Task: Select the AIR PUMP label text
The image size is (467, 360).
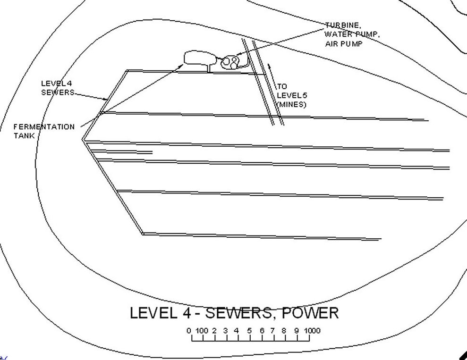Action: click(x=344, y=44)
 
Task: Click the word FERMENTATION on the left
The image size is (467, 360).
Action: click(x=44, y=127)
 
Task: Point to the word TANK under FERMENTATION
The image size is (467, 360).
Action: click(x=24, y=136)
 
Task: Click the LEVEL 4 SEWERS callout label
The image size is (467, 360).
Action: click(x=58, y=88)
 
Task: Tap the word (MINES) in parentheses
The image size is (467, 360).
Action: click(x=291, y=105)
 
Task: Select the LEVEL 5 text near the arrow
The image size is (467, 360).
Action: click(x=292, y=95)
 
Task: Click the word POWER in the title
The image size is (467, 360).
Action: click(x=310, y=313)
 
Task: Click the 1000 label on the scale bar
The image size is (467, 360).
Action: click(x=312, y=331)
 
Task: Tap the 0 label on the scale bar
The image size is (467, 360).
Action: click(x=189, y=331)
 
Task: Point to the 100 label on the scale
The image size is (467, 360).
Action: click(x=202, y=331)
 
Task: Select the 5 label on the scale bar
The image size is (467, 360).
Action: click(x=249, y=331)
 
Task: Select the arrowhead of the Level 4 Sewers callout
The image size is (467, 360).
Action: click(x=105, y=100)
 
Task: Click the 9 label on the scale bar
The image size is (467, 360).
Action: click(x=297, y=331)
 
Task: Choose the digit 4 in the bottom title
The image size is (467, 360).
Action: click(x=182, y=313)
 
